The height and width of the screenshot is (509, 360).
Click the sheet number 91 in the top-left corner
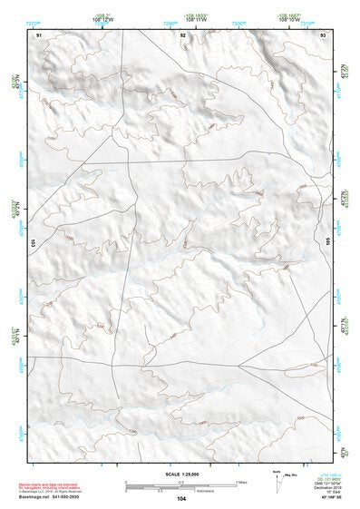39,34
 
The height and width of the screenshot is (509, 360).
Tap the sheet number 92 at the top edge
183,34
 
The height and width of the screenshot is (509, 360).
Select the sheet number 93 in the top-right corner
324,34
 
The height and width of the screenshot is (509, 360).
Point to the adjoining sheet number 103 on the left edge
32,243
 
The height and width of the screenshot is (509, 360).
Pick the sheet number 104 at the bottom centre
181,499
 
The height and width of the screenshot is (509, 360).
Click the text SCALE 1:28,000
181,473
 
